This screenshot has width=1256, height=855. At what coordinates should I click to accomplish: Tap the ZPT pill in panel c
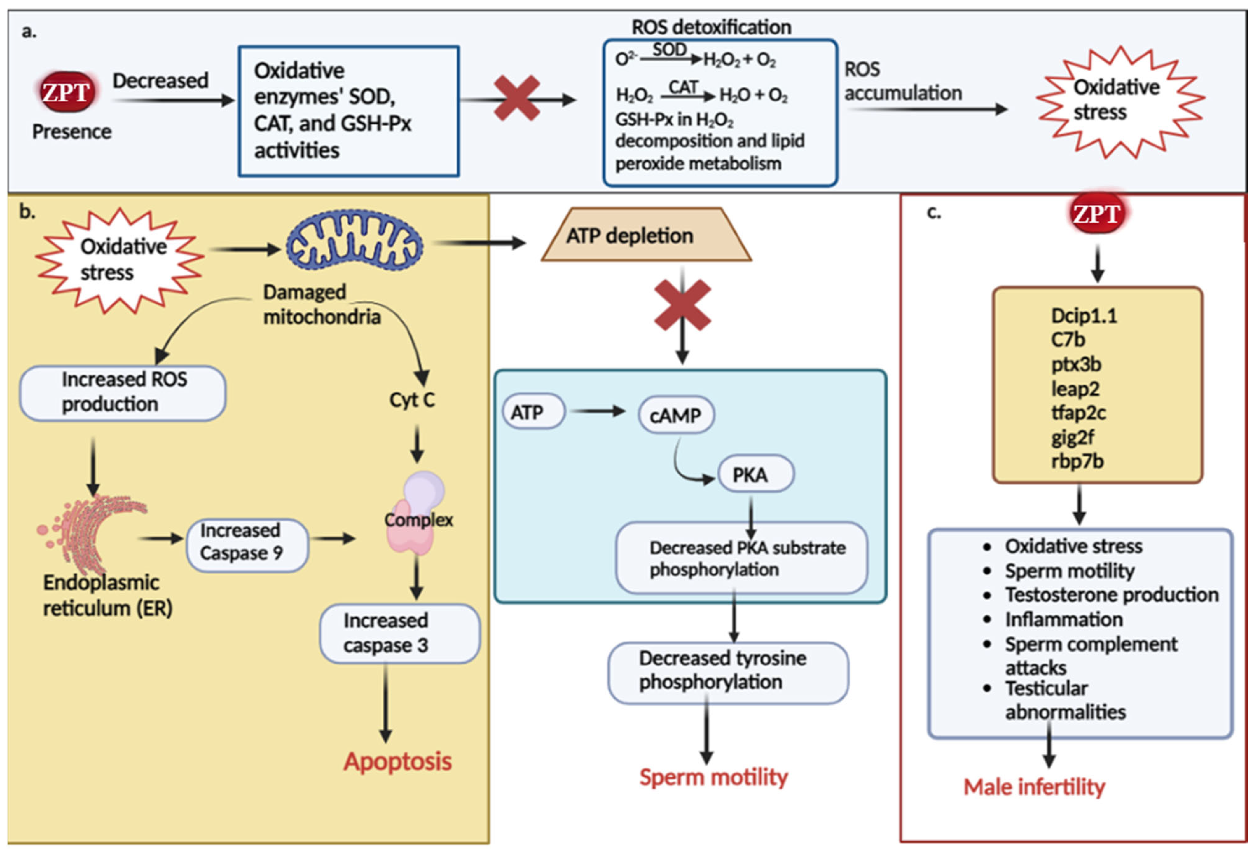[1097, 214]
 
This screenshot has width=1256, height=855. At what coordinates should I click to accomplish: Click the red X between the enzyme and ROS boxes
[517, 98]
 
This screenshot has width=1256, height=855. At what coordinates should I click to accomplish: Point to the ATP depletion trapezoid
[646, 235]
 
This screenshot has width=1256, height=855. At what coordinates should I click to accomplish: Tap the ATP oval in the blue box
[533, 412]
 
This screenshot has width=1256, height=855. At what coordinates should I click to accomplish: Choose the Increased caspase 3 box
[399, 633]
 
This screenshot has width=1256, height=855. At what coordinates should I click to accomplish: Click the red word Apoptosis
[398, 761]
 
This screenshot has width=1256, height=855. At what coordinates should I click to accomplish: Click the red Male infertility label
[1034, 787]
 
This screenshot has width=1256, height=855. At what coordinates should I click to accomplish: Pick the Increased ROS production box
[123, 393]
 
